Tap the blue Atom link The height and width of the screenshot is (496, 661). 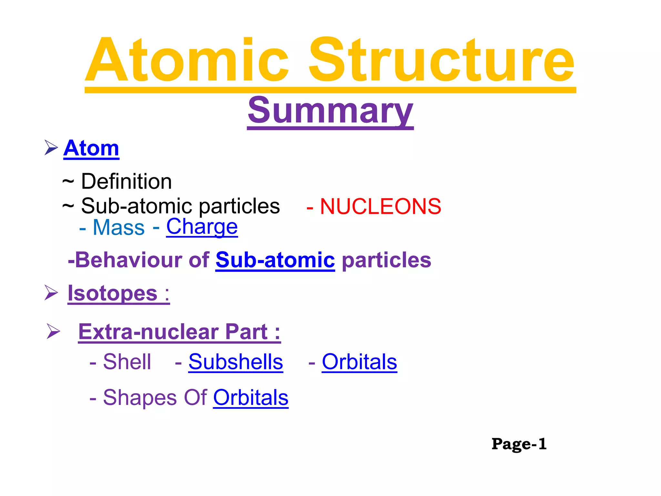[91, 148]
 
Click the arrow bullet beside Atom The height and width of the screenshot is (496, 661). [51, 148]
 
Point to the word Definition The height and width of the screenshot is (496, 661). [126, 181]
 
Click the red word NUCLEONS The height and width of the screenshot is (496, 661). [380, 206]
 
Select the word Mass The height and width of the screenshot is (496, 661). [118, 227]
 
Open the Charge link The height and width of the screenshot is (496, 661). [202, 227]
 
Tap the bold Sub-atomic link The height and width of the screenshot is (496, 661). [275, 260]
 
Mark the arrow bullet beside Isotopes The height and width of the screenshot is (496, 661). [51, 293]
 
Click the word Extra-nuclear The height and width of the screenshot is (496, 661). [149, 332]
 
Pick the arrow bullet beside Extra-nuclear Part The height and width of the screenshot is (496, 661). [53, 331]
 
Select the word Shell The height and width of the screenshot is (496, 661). [127, 362]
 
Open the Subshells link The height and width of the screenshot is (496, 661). [236, 362]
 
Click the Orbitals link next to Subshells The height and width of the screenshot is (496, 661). [359, 362]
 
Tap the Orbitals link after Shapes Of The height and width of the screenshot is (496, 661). [251, 398]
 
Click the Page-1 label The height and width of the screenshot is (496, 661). [519, 444]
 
